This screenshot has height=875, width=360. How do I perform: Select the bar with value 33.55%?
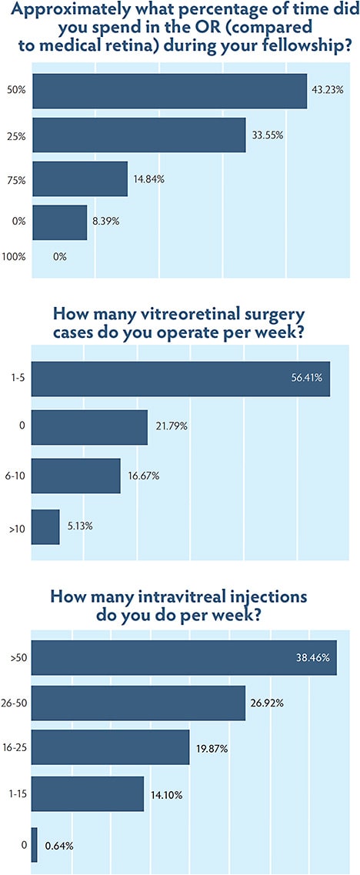pyautogui.click(x=138, y=135)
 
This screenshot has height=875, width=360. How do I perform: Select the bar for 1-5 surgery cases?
pyautogui.click(x=180, y=379)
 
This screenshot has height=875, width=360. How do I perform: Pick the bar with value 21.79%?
pyautogui.click(x=89, y=427)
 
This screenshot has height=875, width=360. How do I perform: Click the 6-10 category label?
pyautogui.click(x=15, y=476)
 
